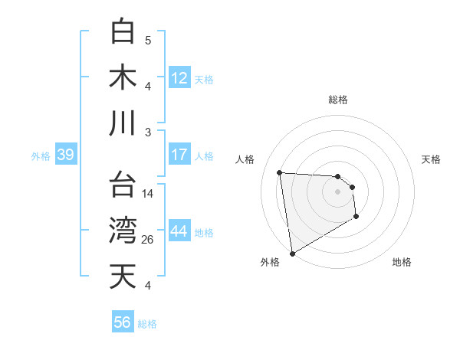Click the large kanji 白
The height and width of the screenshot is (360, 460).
pyautogui.click(x=123, y=31)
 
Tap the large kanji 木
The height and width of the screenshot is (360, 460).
pyautogui.click(x=123, y=77)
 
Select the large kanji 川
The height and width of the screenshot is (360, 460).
pyautogui.click(x=123, y=123)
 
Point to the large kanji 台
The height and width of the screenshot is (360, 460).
pyautogui.click(x=123, y=185)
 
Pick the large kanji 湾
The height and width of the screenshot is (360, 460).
pyautogui.click(x=123, y=231)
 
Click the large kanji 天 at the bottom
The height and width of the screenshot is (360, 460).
pyautogui.click(x=123, y=277)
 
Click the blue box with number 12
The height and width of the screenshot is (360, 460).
pyautogui.click(x=179, y=78)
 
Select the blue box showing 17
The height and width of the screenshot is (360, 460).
pyautogui.click(x=179, y=155)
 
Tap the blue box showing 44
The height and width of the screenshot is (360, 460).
pyautogui.click(x=179, y=231)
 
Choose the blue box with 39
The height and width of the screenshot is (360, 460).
pyautogui.click(x=65, y=155)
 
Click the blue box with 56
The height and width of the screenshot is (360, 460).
pyautogui.click(x=123, y=323)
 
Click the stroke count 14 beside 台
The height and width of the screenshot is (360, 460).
pyautogui.click(x=148, y=194)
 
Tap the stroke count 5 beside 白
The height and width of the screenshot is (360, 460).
pyautogui.click(x=148, y=41)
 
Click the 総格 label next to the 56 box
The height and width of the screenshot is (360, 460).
pyautogui.click(x=148, y=324)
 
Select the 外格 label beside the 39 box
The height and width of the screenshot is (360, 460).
pyautogui.click(x=41, y=156)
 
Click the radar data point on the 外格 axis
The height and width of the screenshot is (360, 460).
pyautogui.click(x=292, y=253)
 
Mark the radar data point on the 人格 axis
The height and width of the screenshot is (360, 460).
pyautogui.click(x=280, y=172)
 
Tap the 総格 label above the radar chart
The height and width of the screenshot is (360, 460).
pyautogui.click(x=338, y=100)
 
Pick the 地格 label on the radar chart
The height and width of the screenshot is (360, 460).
pyautogui.click(x=402, y=262)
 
